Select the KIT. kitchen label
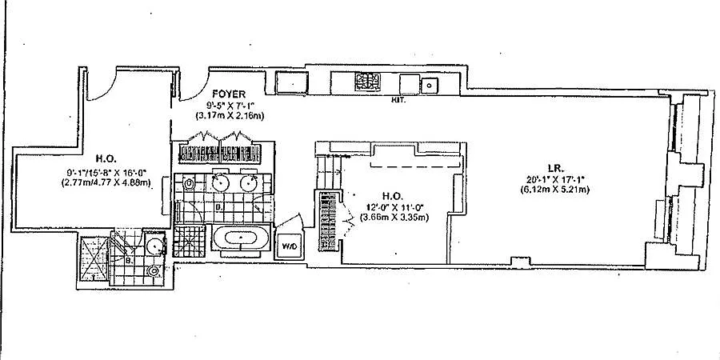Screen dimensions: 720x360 (396, 101)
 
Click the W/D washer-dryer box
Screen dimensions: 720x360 (288, 246)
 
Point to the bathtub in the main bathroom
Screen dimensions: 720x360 (238, 238)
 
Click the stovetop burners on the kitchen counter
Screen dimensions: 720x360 (369, 81)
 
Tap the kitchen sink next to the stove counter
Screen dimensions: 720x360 (430, 82)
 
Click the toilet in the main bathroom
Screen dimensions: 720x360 (188, 184)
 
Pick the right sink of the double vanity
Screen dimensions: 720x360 (247, 183)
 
